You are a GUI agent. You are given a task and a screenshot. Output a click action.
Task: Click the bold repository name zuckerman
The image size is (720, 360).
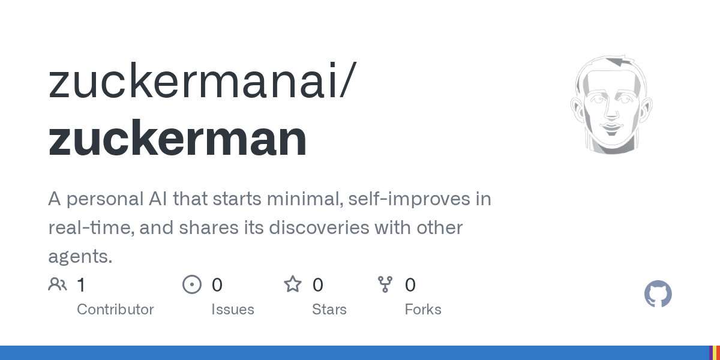[178, 138]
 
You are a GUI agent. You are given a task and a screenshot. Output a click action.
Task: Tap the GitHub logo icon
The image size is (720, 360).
[658, 294]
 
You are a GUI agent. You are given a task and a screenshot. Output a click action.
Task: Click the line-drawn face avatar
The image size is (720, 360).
[611, 105]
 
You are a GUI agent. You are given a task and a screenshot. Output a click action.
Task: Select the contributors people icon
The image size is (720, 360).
[58, 284]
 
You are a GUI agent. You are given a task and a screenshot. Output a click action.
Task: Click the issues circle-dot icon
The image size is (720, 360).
[192, 284]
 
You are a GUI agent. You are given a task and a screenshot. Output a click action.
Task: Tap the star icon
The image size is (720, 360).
[293, 284]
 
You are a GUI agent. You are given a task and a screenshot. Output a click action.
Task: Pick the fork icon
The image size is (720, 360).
[385, 284]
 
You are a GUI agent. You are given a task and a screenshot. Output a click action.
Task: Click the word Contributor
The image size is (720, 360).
[115, 310]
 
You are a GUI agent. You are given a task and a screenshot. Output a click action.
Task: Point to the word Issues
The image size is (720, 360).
[233, 310]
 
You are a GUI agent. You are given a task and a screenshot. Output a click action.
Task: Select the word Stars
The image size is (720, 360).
[329, 310]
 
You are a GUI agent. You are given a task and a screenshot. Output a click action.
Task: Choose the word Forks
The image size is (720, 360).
[423, 310]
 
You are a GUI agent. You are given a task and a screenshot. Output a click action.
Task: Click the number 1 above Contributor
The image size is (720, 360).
[82, 285]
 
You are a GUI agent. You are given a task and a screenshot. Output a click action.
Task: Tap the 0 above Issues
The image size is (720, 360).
[217, 285]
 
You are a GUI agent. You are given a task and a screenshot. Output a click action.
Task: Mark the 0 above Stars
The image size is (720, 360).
[317, 285]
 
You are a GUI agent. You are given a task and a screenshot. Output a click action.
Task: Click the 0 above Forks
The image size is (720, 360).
[410, 285]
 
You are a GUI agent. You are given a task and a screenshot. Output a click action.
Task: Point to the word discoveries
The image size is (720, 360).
[319, 227]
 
